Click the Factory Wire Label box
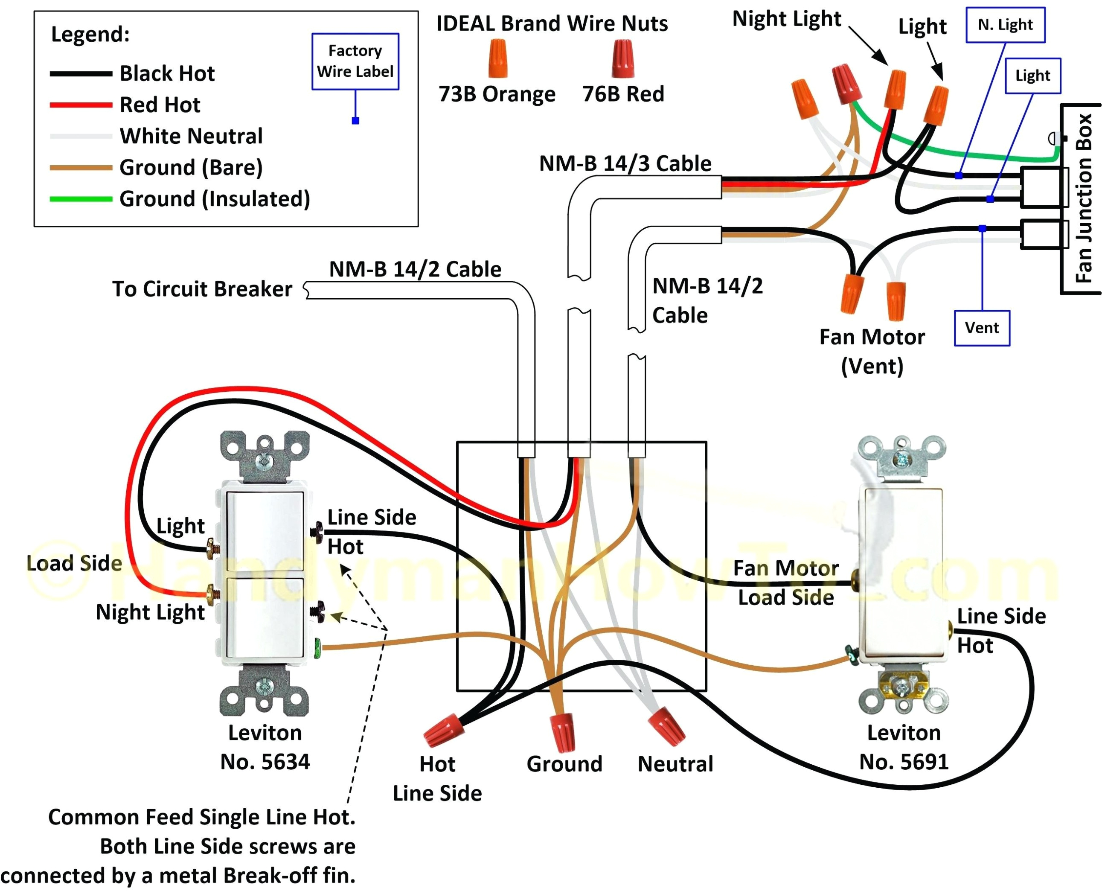click(x=355, y=61)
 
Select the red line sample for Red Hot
click(x=81, y=105)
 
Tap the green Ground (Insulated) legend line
click(x=81, y=198)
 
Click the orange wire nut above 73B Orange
click(x=497, y=58)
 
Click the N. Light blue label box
click(x=1005, y=25)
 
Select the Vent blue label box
click(x=981, y=328)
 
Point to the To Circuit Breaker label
click(x=202, y=289)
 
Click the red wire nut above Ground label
click(x=563, y=732)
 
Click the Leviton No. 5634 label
click(x=265, y=747)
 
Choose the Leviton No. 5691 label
click(x=904, y=747)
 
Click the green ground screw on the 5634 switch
click(x=317, y=648)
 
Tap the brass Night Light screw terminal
click(x=212, y=595)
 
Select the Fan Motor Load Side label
click(x=785, y=582)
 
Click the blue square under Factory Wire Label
click(x=355, y=121)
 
